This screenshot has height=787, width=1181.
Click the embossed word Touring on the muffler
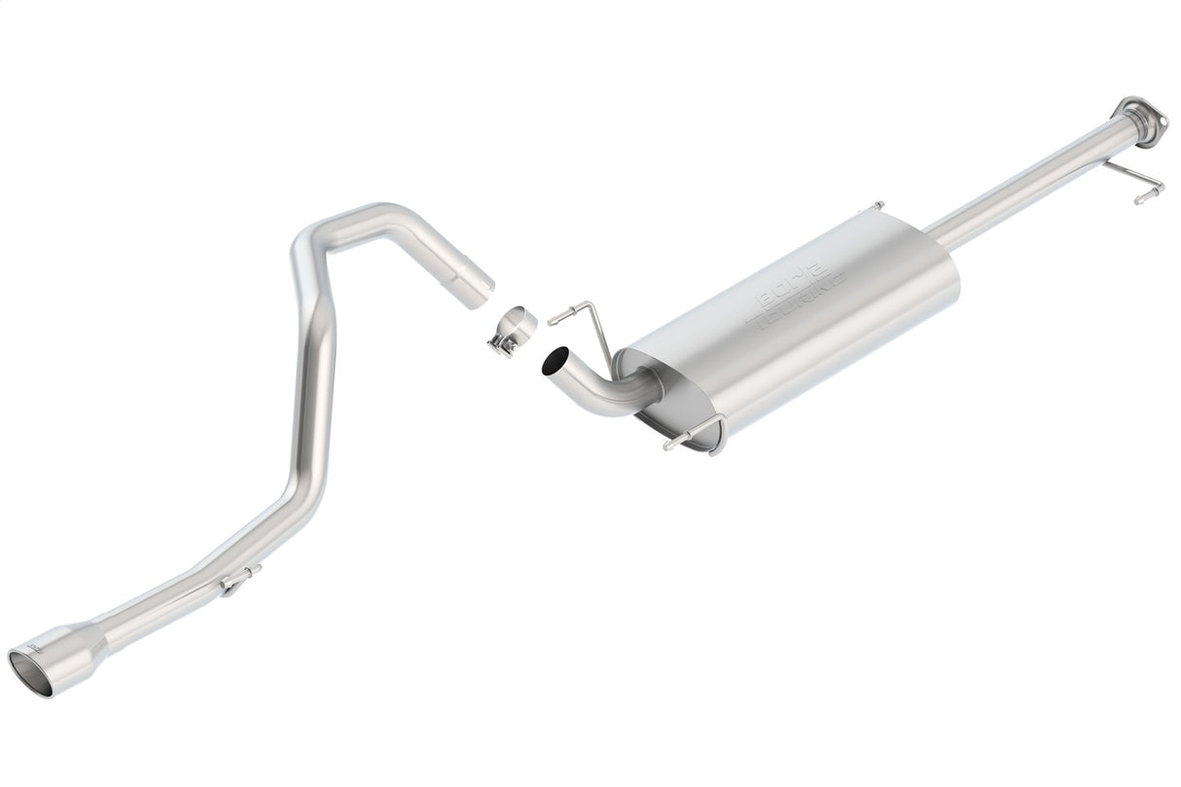804,304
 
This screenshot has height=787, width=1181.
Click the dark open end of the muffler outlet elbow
554,362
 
